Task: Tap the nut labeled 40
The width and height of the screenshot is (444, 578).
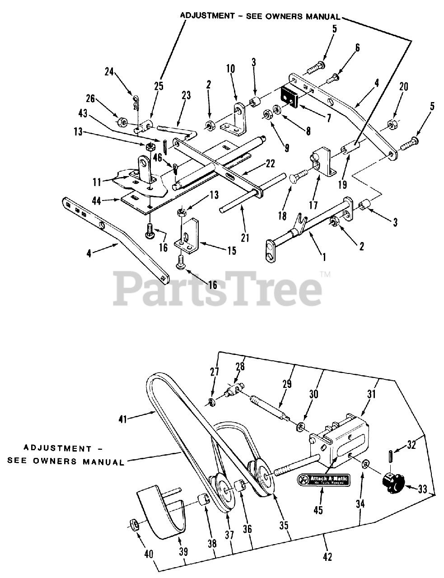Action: coord(134,525)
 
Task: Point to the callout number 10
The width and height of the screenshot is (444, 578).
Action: coord(230,69)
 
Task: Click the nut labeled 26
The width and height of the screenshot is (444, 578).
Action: coord(121,122)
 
